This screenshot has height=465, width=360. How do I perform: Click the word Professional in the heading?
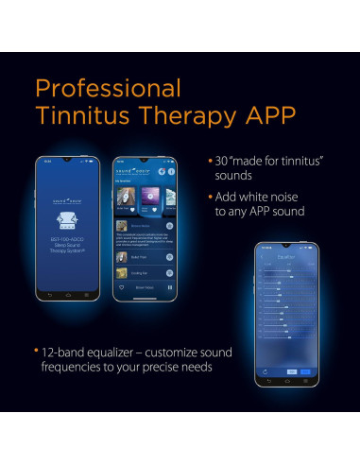pyautogui.click(x=107, y=89)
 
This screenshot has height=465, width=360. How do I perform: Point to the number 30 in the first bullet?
pyautogui.click(x=224, y=161)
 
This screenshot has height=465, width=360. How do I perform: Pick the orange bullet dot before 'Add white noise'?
pyautogui.click(x=209, y=197)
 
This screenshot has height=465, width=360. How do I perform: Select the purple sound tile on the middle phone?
pyautogui.click(x=147, y=196)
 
